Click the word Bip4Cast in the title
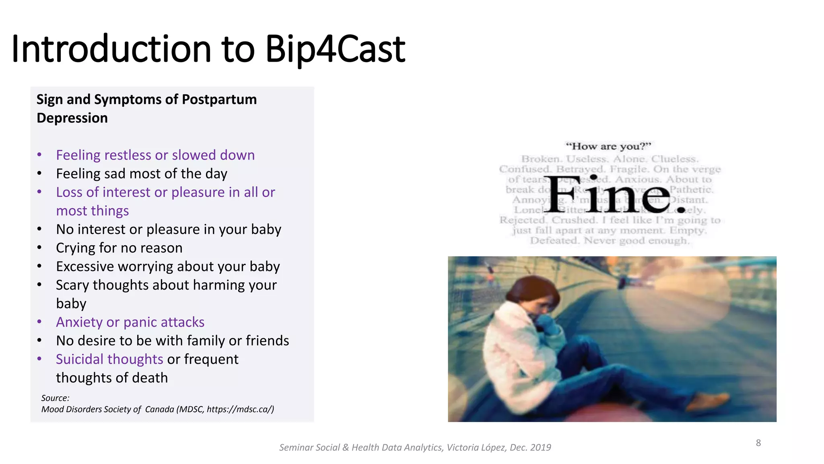(x=335, y=49)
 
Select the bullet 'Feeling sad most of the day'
(x=142, y=174)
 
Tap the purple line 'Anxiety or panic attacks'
(x=130, y=322)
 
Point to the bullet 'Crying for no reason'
(x=119, y=248)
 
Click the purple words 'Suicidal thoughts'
(x=109, y=359)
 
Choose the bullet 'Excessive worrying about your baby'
(x=168, y=267)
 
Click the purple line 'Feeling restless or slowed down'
(x=155, y=155)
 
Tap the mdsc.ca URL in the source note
(x=240, y=409)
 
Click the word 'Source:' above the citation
(x=55, y=398)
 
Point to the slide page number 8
(x=758, y=443)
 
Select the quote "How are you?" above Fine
(x=608, y=146)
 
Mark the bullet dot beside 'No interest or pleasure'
(x=39, y=230)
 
